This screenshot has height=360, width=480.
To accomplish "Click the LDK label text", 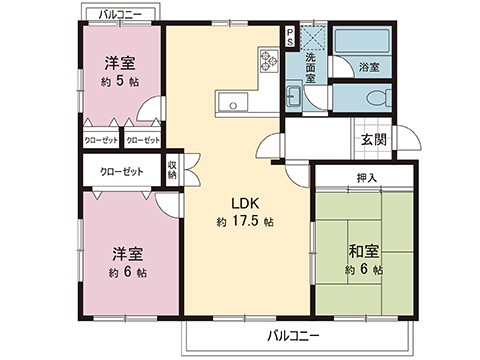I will click(238, 198).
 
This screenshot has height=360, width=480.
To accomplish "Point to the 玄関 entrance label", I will click(374, 139).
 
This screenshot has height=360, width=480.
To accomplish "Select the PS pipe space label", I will click(290, 37).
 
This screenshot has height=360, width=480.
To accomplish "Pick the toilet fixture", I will click(376, 98).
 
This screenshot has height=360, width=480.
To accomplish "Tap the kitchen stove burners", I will click(268, 61).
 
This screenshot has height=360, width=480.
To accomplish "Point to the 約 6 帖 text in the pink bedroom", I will click(128, 272).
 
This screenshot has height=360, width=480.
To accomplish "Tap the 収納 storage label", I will click(173, 170).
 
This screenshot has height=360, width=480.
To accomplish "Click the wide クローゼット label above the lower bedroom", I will click(120, 172).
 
